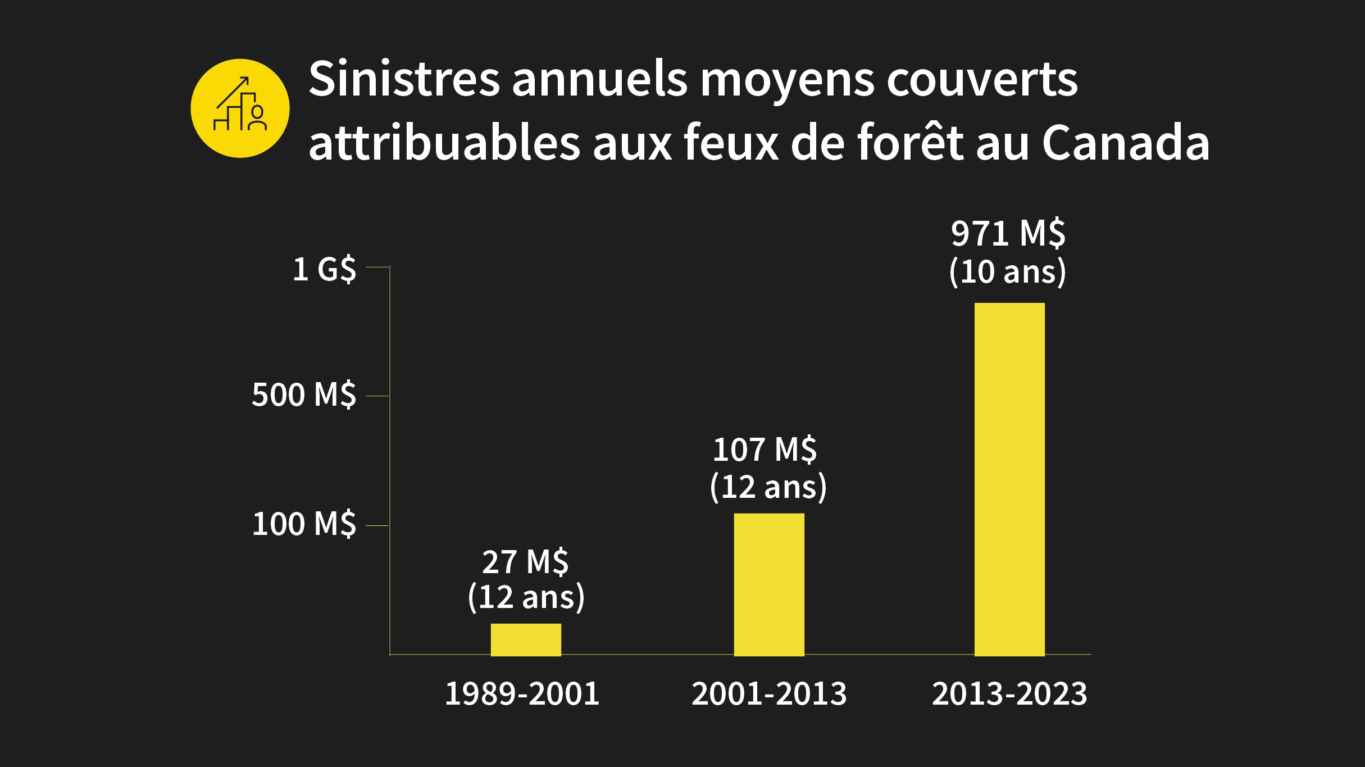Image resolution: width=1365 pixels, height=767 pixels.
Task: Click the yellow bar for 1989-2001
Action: click(526, 639)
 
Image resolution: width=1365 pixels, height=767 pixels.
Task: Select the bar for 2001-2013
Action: click(769, 584)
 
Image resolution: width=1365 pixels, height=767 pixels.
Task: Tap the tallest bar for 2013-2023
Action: click(1009, 479)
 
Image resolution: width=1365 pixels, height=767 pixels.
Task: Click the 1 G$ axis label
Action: click(324, 269)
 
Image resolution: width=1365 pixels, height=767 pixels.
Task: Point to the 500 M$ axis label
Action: click(304, 394)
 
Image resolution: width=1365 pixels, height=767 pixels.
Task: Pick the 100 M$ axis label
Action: click(304, 524)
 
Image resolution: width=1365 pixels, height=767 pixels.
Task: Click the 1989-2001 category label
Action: click(522, 694)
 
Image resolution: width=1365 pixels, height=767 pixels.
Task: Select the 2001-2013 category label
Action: click(769, 694)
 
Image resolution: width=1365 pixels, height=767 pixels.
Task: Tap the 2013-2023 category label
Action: click(1009, 694)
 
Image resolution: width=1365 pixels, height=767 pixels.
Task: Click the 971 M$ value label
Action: click(1008, 233)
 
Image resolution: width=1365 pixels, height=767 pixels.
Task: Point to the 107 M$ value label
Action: click(765, 450)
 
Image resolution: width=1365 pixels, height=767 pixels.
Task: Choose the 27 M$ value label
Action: click(525, 562)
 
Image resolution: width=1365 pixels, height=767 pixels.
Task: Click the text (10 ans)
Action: click(1008, 272)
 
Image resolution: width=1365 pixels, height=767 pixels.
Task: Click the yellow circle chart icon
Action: click(240, 108)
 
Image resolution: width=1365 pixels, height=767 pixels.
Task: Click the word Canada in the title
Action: click(1126, 143)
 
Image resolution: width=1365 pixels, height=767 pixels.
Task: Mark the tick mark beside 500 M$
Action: click(377, 396)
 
